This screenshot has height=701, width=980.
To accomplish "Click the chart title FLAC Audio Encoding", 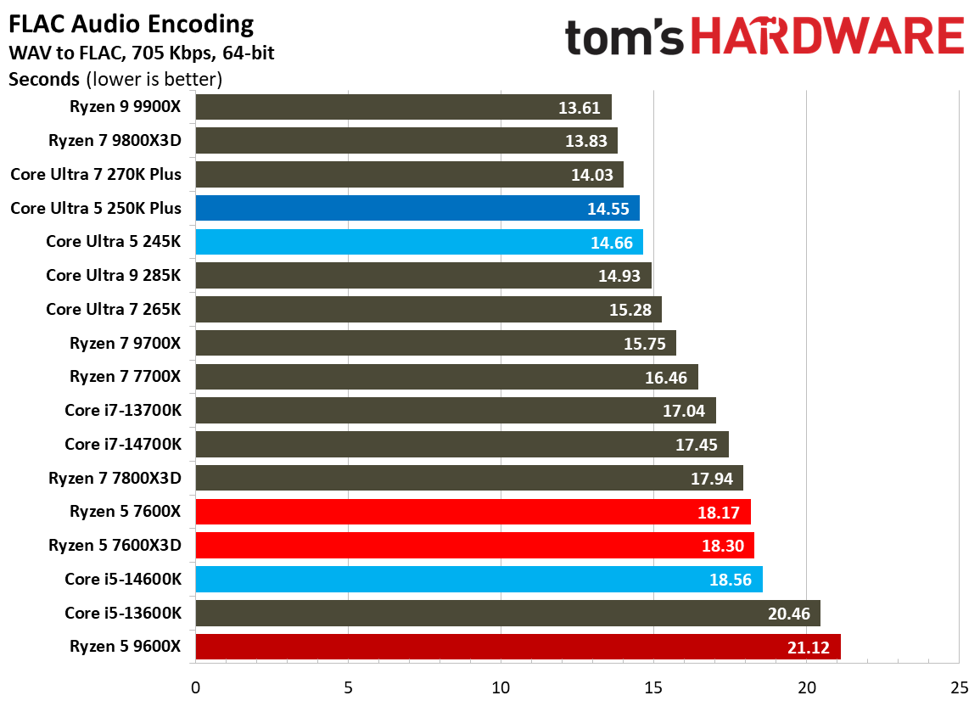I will click(x=132, y=24).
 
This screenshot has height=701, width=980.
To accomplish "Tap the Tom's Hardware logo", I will click(x=764, y=38).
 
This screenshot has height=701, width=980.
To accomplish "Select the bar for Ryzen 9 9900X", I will click(x=403, y=107).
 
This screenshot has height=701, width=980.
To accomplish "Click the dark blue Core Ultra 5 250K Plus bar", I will click(x=417, y=208).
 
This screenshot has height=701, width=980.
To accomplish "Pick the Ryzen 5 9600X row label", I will click(x=126, y=647).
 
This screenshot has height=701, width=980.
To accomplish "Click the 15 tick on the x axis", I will click(x=654, y=686).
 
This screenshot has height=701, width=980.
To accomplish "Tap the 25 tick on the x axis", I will click(x=960, y=686).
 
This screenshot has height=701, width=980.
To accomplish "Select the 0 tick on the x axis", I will click(x=196, y=686).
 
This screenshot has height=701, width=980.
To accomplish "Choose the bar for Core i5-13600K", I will click(x=507, y=613).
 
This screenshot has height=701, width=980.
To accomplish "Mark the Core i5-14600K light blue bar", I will click(x=479, y=579).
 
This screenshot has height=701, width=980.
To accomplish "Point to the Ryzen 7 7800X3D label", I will click(x=115, y=478).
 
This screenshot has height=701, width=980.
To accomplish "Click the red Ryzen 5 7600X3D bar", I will click(x=474, y=545).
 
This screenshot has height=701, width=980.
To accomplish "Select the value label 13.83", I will click(x=585, y=141).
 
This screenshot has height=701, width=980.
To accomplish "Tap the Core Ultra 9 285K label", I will click(x=113, y=276).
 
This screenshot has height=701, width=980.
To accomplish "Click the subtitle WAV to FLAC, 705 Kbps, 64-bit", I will click(x=141, y=53).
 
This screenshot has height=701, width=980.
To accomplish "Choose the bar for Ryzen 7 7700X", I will click(x=446, y=377).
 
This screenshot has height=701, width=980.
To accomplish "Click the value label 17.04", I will click(x=683, y=411).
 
